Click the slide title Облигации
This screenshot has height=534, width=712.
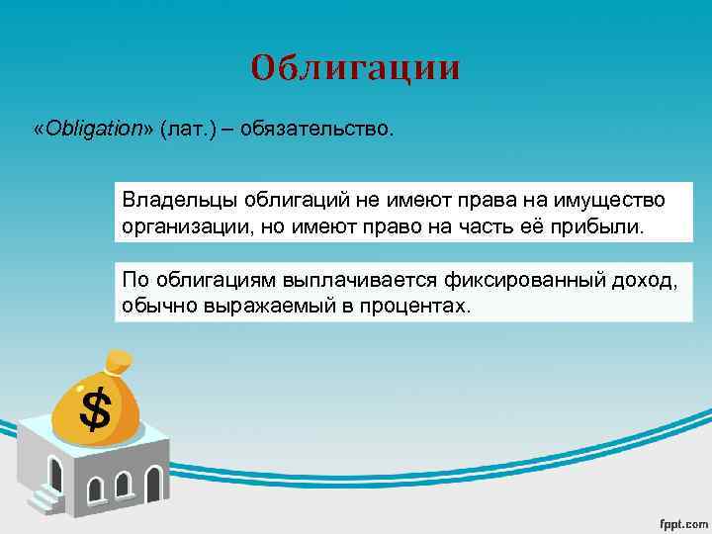click(355, 67)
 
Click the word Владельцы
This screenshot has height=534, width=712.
click(171, 201)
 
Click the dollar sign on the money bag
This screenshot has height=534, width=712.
click(95, 408)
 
